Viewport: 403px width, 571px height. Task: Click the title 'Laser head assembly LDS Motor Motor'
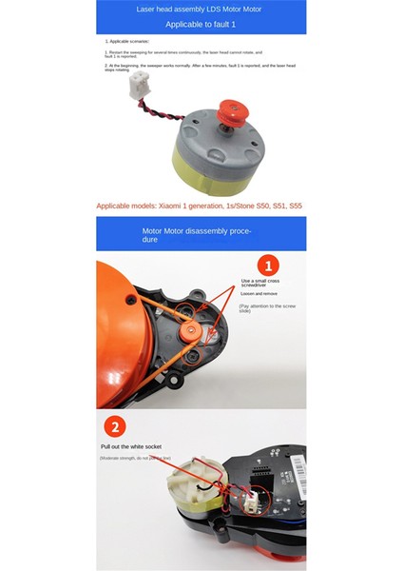pos(201,8)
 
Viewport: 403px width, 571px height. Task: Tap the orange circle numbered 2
pos(115,427)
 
